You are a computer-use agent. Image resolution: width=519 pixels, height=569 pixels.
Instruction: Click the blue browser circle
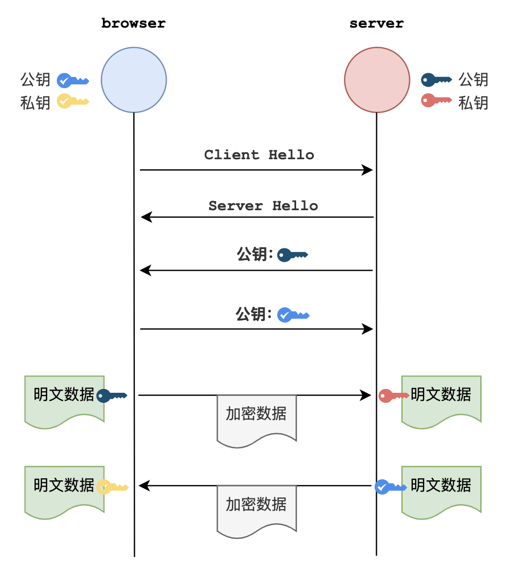click(134, 80)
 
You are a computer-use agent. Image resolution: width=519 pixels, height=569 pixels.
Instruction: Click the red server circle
click(377, 80)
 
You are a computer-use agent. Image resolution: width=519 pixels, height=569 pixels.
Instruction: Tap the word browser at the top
click(134, 24)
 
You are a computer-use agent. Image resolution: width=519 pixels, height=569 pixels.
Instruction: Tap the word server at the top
click(376, 24)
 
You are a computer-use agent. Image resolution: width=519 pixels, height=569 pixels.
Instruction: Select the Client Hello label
click(259, 155)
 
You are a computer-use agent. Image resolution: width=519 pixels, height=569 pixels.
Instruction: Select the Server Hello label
click(263, 206)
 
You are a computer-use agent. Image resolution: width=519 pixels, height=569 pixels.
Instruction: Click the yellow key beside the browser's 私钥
click(72, 101)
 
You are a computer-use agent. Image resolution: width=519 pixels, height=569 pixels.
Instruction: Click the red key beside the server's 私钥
click(436, 100)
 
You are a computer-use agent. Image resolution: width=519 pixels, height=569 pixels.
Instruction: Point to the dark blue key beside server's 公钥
click(436, 80)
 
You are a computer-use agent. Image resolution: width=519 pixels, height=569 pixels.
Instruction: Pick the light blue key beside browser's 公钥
click(72, 81)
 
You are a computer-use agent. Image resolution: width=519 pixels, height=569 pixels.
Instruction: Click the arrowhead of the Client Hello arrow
click(368, 170)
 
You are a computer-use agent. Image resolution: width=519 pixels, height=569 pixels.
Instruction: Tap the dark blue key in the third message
click(292, 255)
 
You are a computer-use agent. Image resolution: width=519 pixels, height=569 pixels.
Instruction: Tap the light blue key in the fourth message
click(293, 315)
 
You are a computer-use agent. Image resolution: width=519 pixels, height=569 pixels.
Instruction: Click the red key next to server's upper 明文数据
click(393, 395)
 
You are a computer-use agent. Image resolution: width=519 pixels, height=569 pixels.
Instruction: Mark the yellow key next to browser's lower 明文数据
click(111, 487)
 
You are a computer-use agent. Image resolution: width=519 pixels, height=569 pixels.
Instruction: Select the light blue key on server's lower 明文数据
click(390, 487)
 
